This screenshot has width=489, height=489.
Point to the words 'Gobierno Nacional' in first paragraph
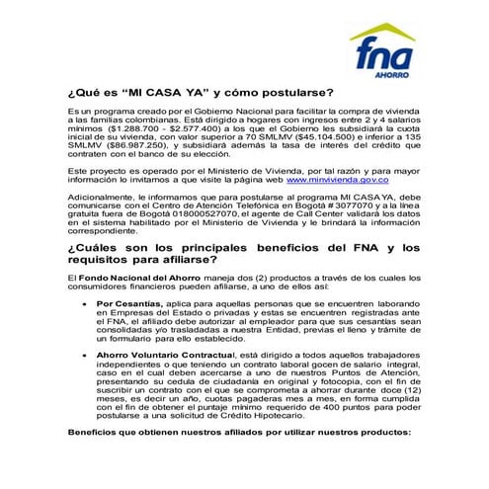(x=240, y=110)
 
